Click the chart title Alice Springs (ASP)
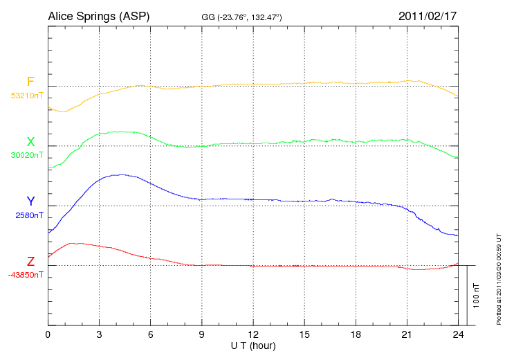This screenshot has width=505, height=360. [99, 15]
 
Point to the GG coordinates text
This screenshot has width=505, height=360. [241, 17]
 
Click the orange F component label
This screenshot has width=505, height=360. [30, 82]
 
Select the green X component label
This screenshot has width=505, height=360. [30, 142]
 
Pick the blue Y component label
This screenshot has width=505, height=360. [30, 201]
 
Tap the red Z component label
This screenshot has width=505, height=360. [30, 261]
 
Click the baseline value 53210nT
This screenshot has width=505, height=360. [27, 96]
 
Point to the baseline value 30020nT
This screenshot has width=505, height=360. [27, 155]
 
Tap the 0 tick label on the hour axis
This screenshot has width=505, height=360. [48, 335]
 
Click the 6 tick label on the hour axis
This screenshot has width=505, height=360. [151, 335]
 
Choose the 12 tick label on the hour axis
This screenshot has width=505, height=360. [253, 335]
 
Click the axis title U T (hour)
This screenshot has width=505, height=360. [253, 345]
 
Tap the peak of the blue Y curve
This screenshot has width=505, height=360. [122, 174]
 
